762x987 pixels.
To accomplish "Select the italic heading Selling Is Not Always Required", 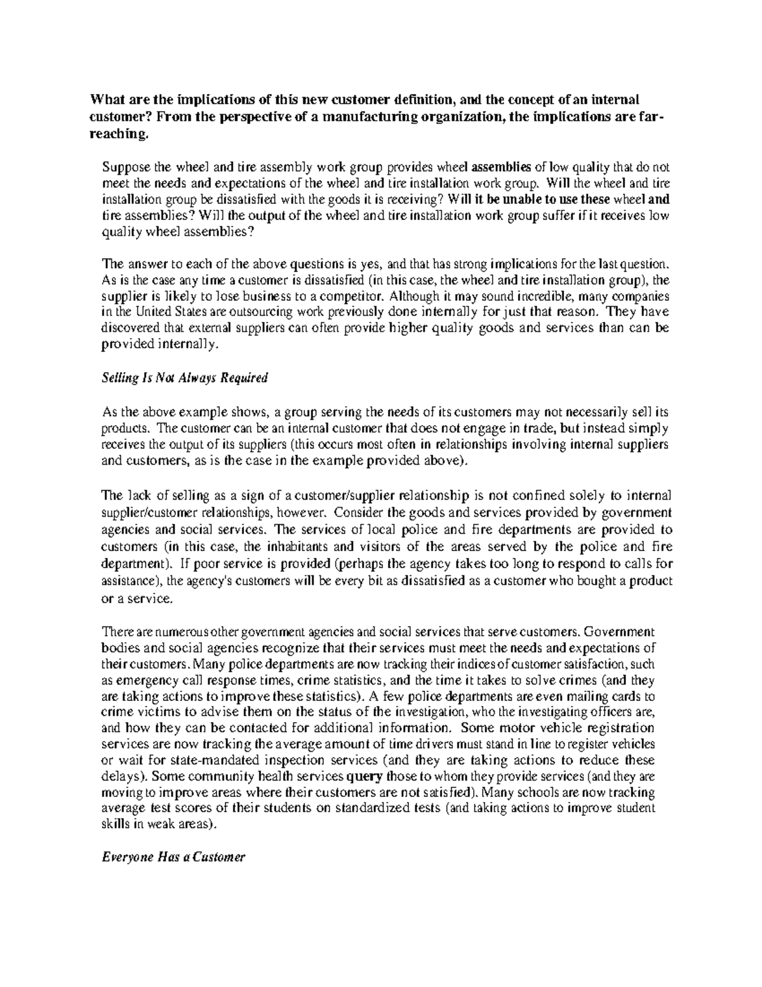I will pyautogui.click(x=185, y=378).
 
